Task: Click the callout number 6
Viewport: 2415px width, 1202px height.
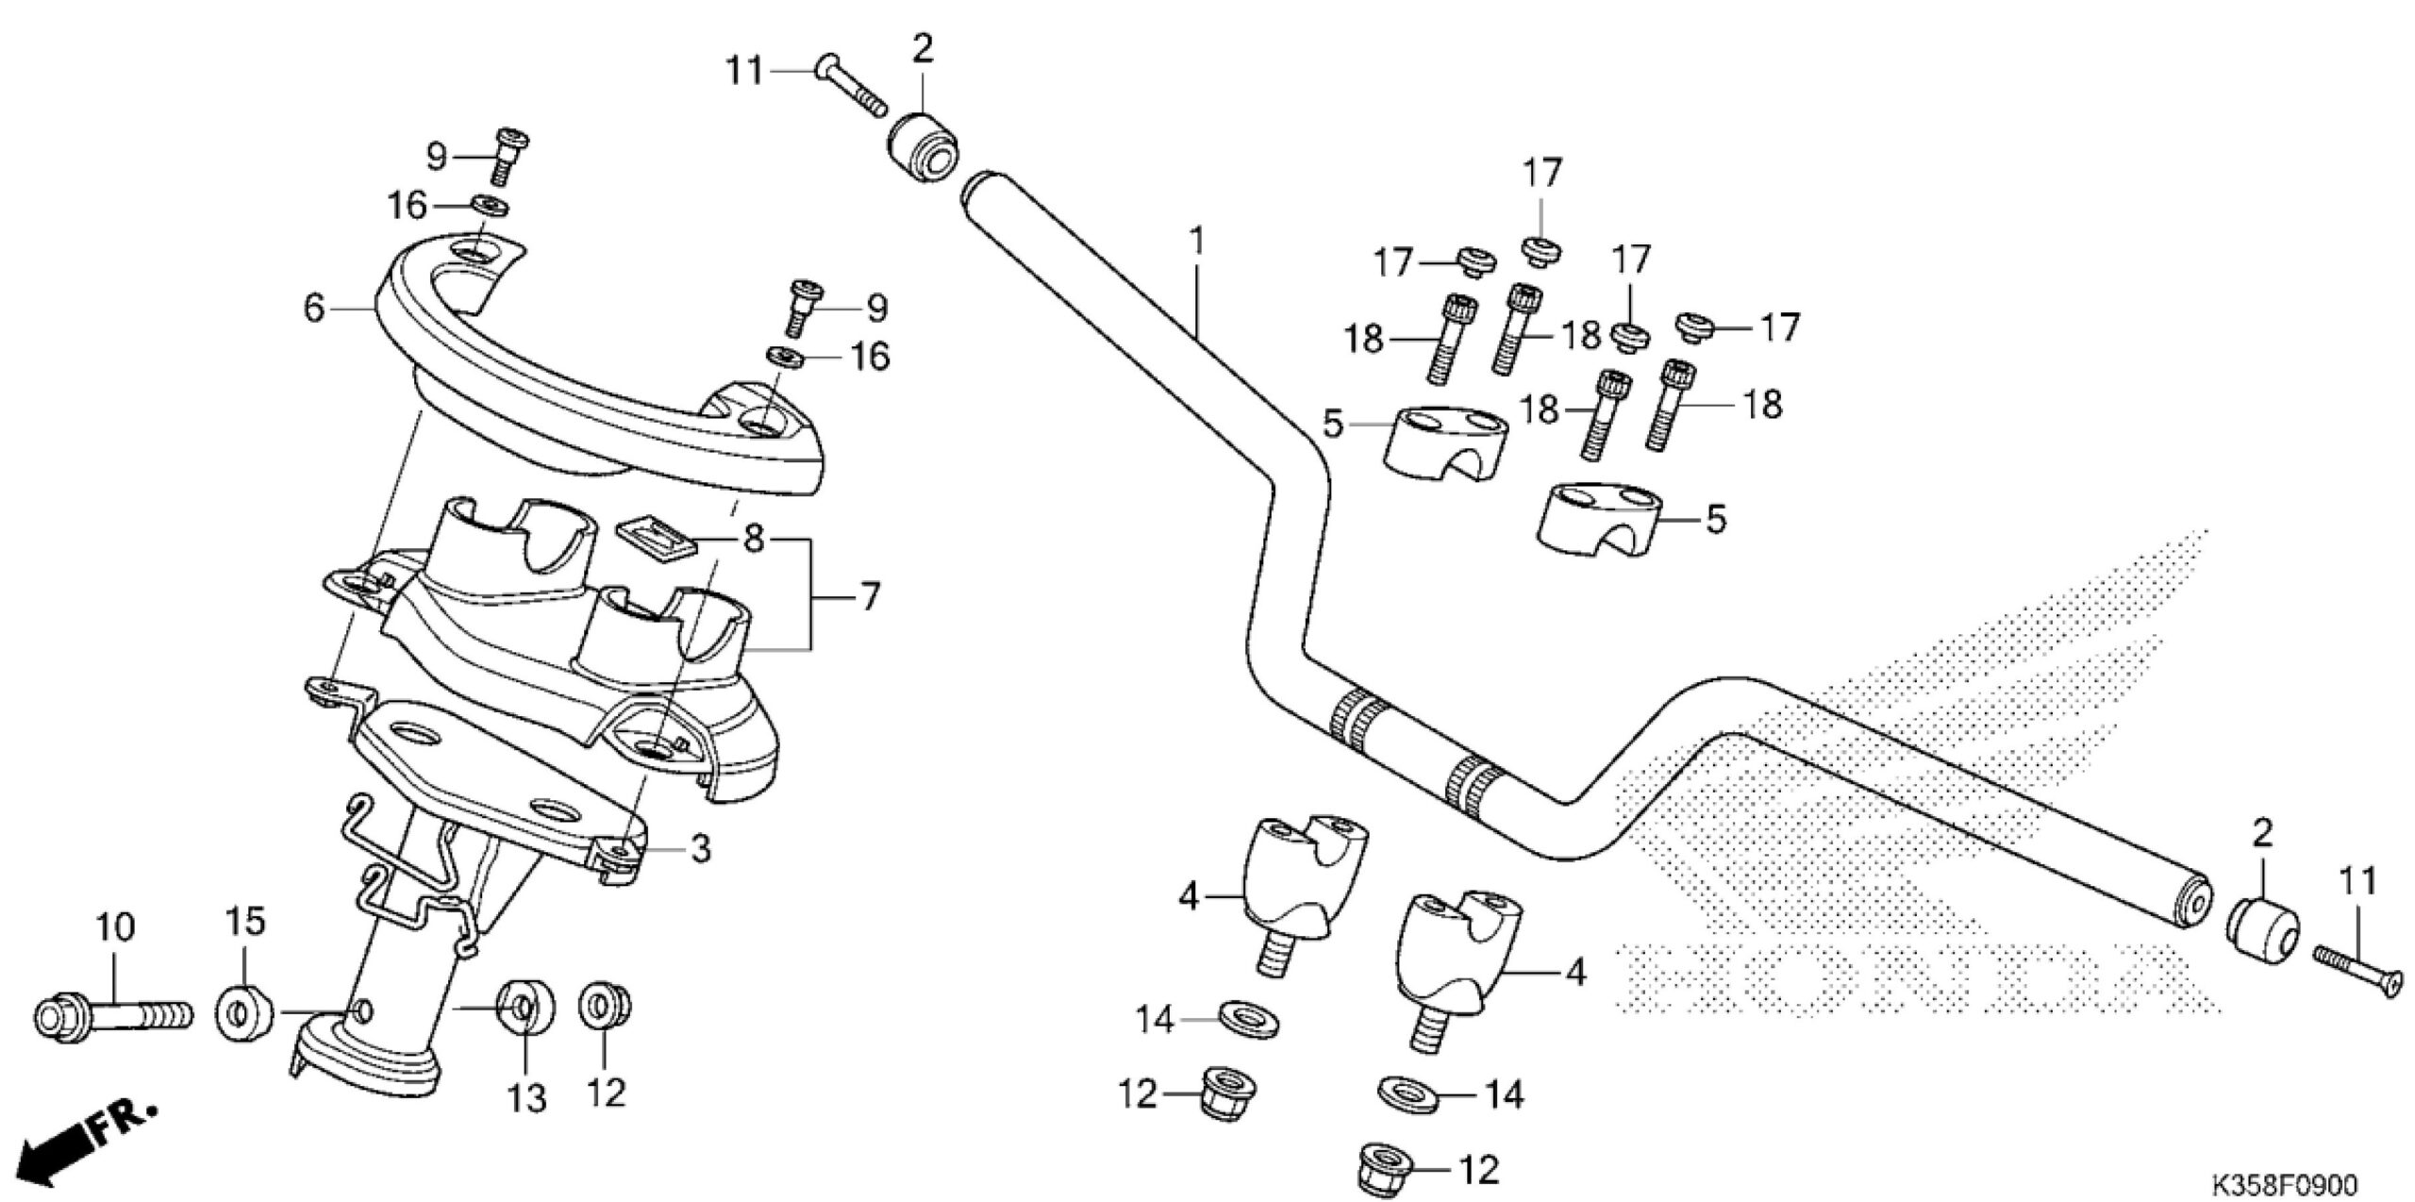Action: tap(314, 307)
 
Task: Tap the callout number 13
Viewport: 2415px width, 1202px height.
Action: tap(526, 1098)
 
